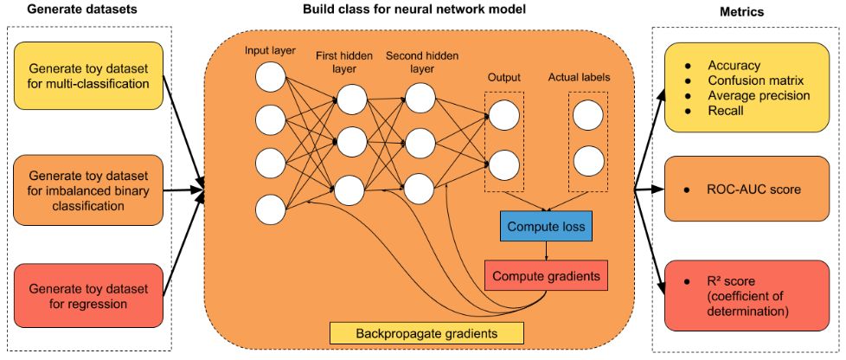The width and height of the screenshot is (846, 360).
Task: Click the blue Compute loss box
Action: click(x=545, y=228)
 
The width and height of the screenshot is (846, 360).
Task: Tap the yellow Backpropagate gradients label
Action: click(x=427, y=333)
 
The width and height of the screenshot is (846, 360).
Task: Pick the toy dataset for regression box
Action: click(x=87, y=295)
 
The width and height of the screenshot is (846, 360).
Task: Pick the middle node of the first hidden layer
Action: click(x=353, y=141)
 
